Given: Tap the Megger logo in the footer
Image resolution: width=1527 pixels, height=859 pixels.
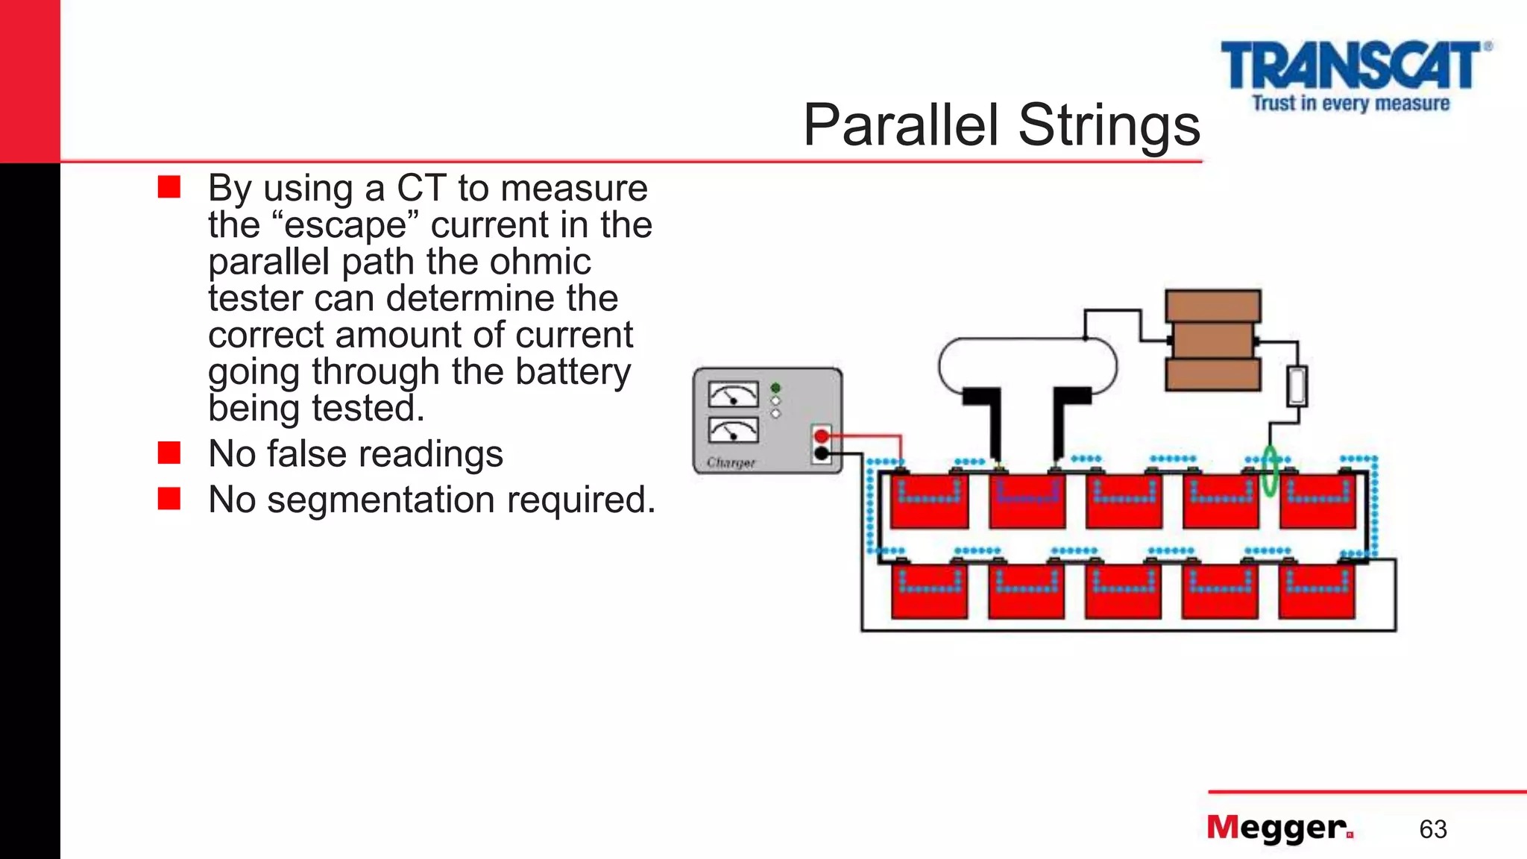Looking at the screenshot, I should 1279,828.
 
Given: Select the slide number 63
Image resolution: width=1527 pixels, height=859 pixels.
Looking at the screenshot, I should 1432,829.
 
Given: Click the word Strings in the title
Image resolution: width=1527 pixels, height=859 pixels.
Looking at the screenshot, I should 1109,125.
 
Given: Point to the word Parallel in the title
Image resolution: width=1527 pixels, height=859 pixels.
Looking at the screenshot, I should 900,125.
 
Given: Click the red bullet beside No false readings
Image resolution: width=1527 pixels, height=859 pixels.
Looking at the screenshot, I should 169,453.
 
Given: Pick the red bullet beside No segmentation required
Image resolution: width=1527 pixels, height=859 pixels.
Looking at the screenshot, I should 169,498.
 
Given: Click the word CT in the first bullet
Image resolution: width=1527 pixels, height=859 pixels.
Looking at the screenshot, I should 421,188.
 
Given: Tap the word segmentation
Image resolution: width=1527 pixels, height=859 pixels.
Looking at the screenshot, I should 380,500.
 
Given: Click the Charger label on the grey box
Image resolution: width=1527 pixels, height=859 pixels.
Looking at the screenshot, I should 731,462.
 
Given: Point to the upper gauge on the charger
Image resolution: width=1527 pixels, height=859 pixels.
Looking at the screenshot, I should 732,394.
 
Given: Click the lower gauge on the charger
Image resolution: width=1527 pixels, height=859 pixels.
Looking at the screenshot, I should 732,430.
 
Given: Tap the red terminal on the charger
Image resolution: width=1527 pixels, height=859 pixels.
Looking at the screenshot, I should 821,436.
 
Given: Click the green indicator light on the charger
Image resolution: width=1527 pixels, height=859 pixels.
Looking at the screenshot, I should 775,388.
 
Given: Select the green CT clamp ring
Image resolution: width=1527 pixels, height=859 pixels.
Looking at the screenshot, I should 1270,471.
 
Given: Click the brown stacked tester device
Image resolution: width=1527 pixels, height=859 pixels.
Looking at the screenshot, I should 1213,340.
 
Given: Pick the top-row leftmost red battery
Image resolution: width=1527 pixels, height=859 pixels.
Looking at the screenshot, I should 929,501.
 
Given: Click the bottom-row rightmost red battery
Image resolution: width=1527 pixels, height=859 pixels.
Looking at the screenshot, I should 1317,591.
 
